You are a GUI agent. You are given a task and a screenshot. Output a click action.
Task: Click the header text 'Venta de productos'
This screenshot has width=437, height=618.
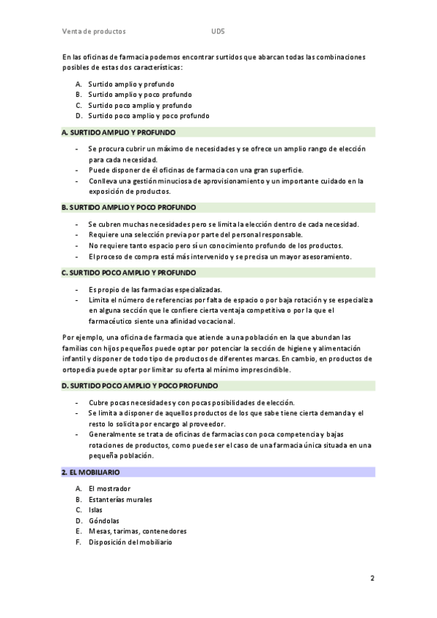(x=94, y=32)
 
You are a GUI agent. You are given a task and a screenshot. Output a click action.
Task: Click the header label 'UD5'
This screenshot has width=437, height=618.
(x=218, y=32)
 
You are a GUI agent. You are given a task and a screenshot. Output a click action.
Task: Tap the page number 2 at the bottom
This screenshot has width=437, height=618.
(x=372, y=579)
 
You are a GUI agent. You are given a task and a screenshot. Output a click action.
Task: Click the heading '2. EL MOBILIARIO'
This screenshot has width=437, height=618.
(x=85, y=472)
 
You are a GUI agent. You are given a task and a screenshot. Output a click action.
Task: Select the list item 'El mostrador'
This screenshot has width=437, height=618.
(x=109, y=488)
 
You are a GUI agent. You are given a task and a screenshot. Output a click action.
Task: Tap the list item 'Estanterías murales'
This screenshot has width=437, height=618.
(x=120, y=499)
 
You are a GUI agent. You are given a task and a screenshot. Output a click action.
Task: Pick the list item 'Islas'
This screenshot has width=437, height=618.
(x=95, y=510)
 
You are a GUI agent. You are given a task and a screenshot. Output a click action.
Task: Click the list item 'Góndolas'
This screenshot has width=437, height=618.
(x=103, y=521)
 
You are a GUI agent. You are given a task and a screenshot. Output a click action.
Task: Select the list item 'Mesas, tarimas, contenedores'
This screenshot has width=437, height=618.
(x=137, y=531)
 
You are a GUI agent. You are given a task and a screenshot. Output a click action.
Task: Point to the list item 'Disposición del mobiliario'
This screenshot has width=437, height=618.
(x=130, y=542)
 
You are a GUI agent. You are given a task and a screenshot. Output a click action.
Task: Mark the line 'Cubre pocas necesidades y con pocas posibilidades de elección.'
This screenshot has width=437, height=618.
(x=191, y=403)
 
